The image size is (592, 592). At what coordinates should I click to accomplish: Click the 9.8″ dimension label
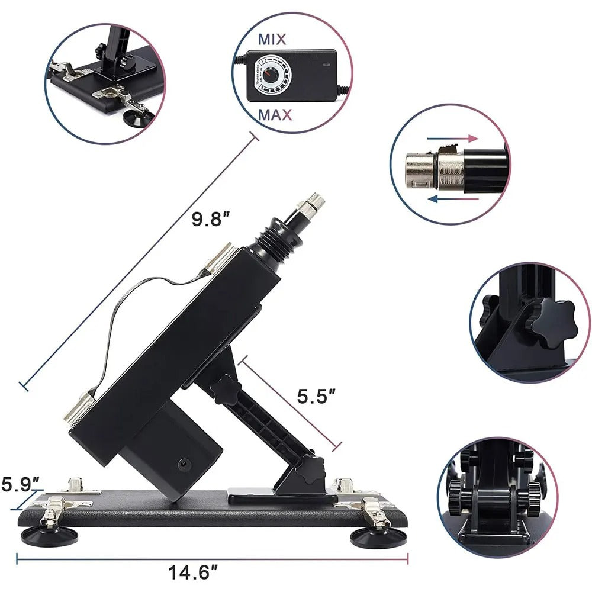(210, 220)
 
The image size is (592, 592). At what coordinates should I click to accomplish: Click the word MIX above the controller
(272, 40)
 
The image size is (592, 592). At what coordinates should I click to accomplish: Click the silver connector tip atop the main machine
(310, 205)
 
